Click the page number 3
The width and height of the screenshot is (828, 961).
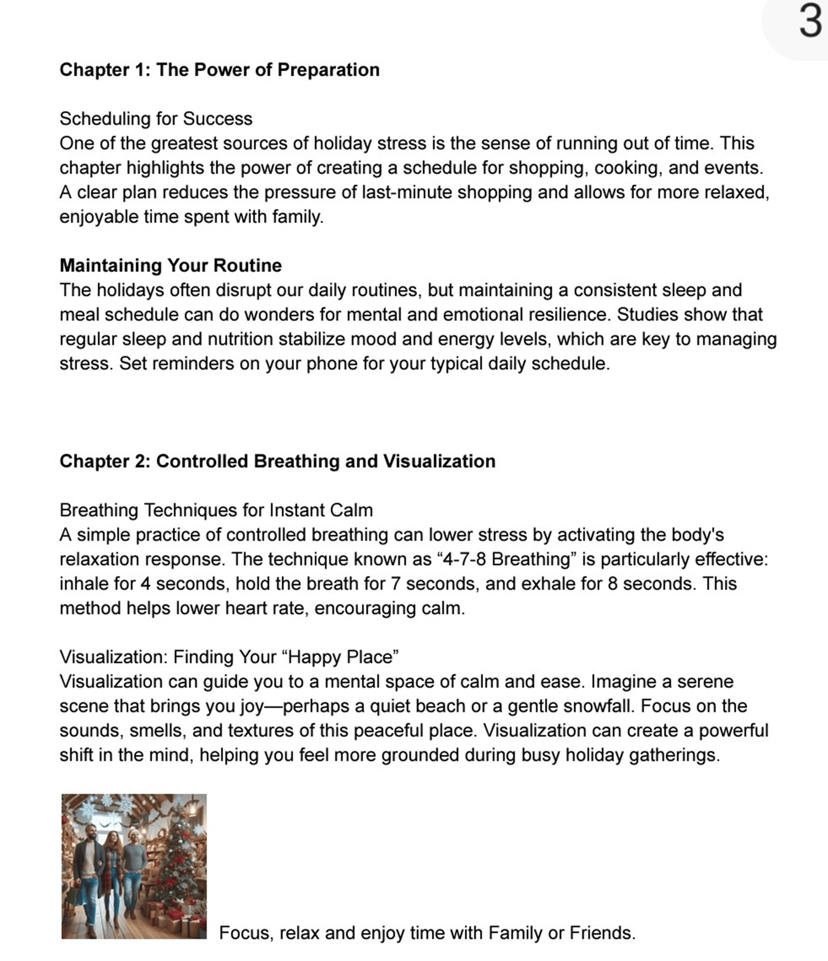tap(810, 23)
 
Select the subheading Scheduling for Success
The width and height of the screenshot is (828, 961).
tap(156, 119)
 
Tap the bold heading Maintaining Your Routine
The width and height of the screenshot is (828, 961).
tap(171, 266)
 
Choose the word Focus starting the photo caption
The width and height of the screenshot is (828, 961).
tap(245, 933)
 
